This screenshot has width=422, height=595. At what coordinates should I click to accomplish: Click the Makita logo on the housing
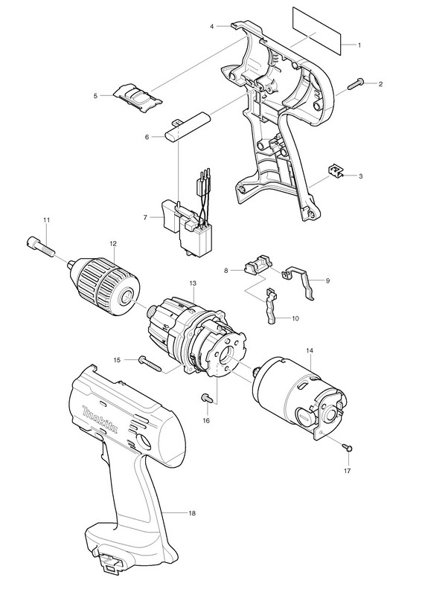point(100,419)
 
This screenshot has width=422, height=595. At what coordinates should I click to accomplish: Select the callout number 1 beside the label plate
point(359,45)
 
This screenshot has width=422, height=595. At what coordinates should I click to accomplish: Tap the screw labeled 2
point(358,83)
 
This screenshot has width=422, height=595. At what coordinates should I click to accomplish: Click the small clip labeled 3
point(336,171)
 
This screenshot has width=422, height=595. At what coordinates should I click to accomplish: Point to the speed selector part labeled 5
point(138,98)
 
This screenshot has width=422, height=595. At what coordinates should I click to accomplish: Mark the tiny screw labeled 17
point(348,448)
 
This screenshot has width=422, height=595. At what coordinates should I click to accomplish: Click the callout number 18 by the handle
point(192,513)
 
